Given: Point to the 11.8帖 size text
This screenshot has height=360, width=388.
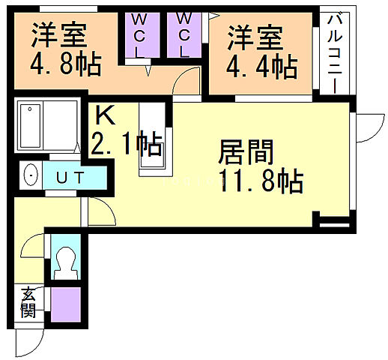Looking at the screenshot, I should pyautogui.click(x=261, y=181).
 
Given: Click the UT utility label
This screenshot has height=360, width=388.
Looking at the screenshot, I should pyautogui.click(x=73, y=177).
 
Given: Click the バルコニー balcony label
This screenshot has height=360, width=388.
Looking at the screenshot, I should pyautogui.click(x=333, y=52).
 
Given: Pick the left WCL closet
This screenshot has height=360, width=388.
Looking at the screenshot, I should pyautogui.click(x=140, y=36).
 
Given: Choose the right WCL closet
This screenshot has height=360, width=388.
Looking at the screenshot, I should pyautogui.click(x=185, y=36).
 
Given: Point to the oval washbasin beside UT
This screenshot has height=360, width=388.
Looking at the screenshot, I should pyautogui.click(x=31, y=176).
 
